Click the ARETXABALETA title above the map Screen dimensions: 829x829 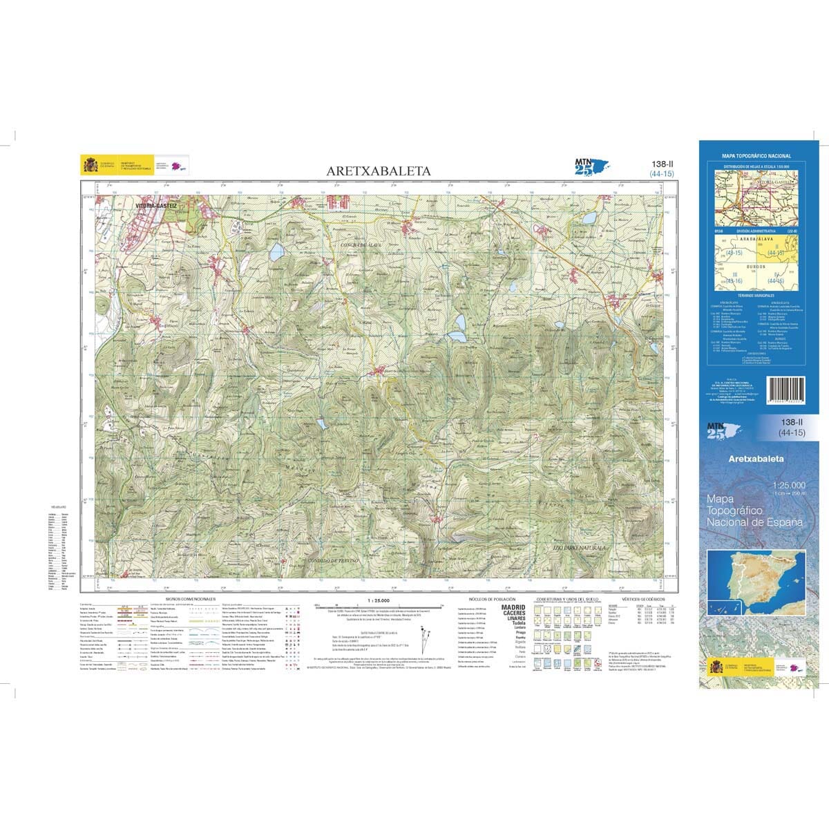click(379, 171)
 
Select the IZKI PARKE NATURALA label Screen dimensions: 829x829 click(579, 547)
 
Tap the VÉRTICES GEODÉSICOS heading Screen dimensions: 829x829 click(642, 599)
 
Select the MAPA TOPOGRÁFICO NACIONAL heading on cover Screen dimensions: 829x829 click(756, 157)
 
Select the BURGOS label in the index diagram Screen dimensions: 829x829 click(756, 267)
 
